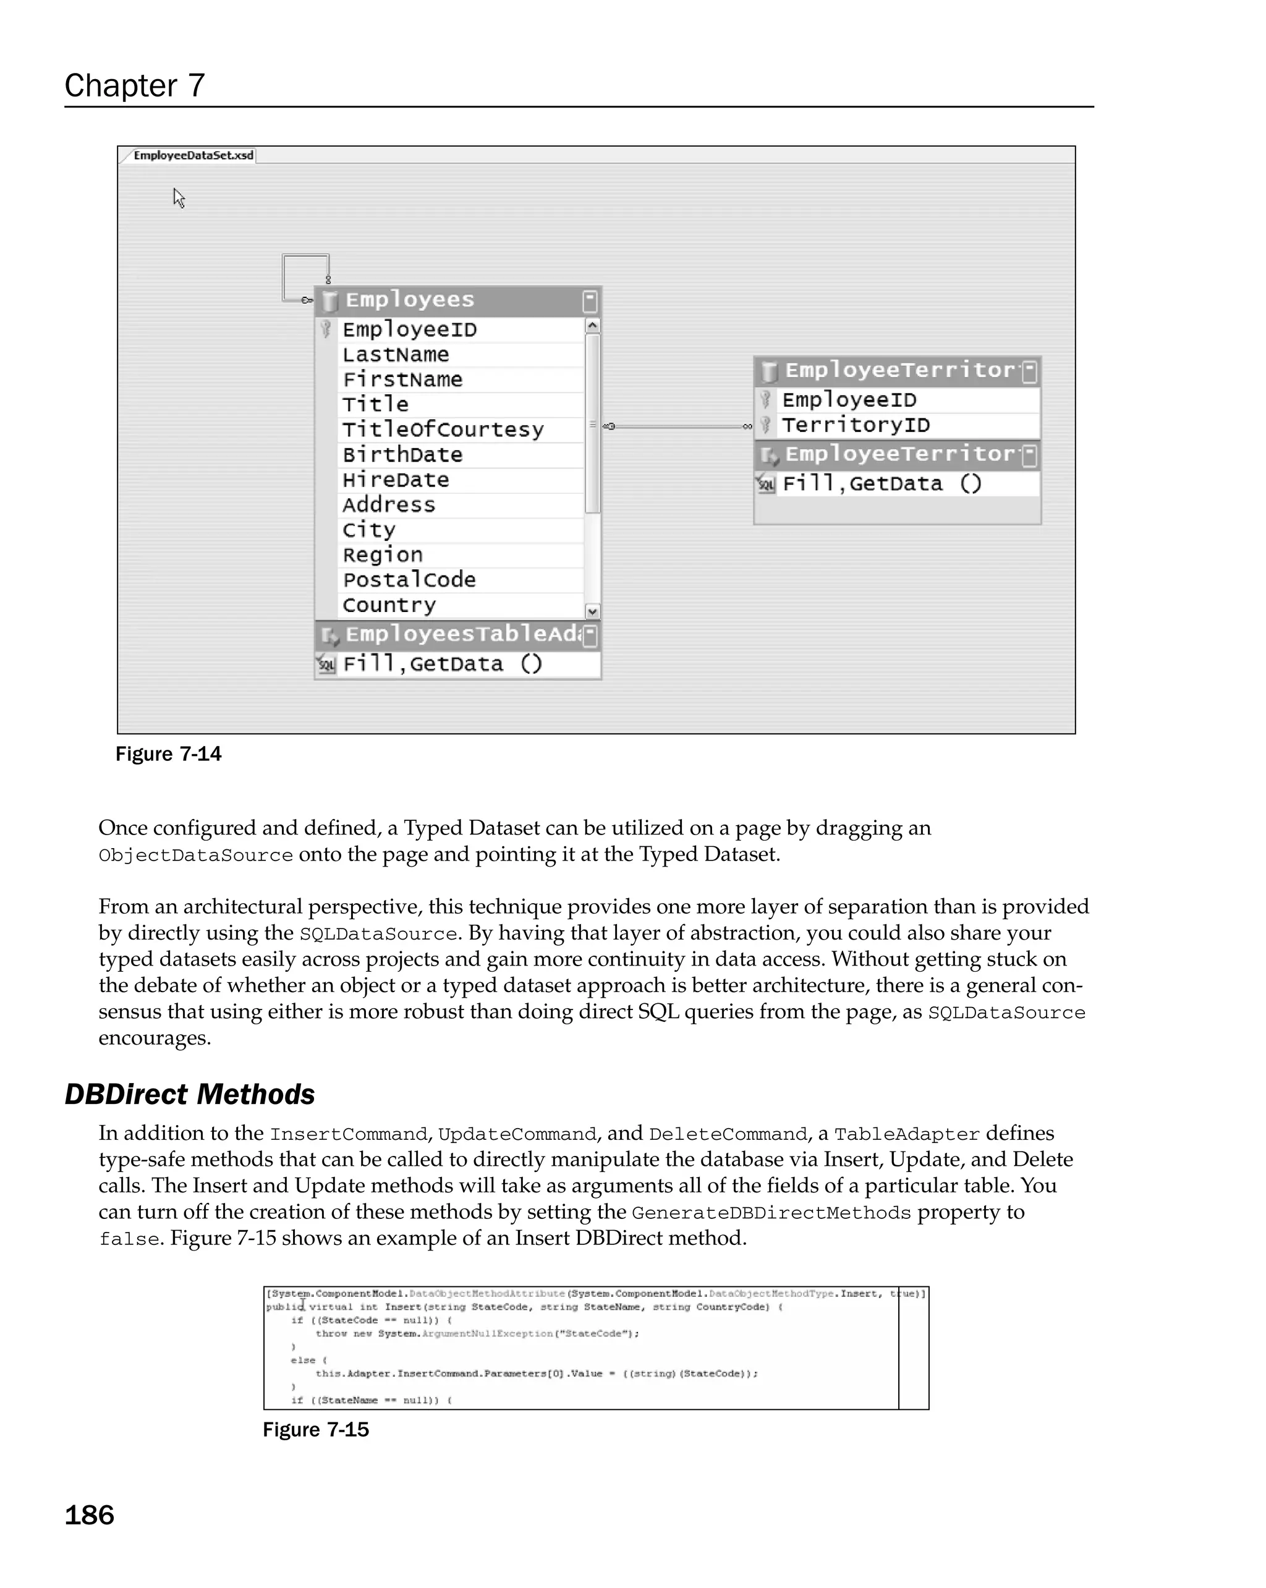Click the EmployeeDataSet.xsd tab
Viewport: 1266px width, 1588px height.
pos(193,155)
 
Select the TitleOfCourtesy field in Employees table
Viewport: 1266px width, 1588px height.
pos(443,430)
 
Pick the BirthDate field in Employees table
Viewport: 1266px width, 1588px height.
pos(402,454)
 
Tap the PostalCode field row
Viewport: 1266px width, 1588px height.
pos(409,580)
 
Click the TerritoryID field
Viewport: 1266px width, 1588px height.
pos(855,425)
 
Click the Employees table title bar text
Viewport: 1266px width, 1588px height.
pos(409,300)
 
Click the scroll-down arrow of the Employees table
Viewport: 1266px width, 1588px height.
pos(592,611)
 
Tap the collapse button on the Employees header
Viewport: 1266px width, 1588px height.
pos(590,300)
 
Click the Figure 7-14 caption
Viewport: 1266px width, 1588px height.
pos(168,754)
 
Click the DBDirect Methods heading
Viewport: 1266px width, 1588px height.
pos(190,1095)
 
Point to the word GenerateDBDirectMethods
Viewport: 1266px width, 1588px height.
pos(771,1213)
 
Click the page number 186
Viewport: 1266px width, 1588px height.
pos(89,1516)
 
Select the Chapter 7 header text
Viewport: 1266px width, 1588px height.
pos(135,85)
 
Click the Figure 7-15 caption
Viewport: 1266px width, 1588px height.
pos(315,1430)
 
